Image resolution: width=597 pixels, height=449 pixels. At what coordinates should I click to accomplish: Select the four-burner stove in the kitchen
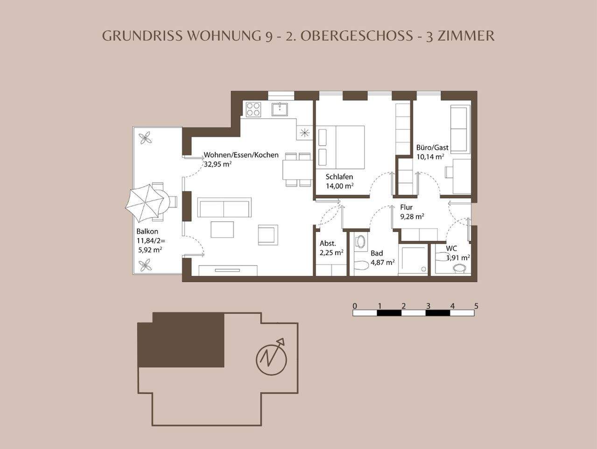click(253, 109)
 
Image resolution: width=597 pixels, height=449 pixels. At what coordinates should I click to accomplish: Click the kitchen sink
click(280, 109)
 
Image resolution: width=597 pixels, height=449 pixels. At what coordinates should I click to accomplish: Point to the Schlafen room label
click(339, 177)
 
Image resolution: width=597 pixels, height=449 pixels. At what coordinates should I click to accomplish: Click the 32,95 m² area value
click(218, 164)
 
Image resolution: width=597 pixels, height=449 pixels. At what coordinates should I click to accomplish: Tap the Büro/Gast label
click(432, 147)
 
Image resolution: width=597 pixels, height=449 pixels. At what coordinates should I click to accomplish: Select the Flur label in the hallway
click(406, 207)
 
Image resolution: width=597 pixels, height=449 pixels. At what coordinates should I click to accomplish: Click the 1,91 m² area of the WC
click(457, 257)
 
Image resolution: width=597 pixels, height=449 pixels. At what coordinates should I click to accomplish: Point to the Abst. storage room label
click(328, 243)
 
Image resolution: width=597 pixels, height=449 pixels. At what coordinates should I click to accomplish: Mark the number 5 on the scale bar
click(476, 306)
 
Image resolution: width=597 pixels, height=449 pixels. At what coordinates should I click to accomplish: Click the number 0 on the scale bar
click(355, 306)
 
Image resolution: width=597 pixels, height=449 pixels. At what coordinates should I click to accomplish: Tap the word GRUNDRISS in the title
click(142, 36)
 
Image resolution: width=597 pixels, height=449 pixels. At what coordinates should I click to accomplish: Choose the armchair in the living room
click(268, 235)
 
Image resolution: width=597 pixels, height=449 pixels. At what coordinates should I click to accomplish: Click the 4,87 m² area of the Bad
click(383, 262)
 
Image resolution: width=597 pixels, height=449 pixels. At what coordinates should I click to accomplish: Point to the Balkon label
click(147, 232)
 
